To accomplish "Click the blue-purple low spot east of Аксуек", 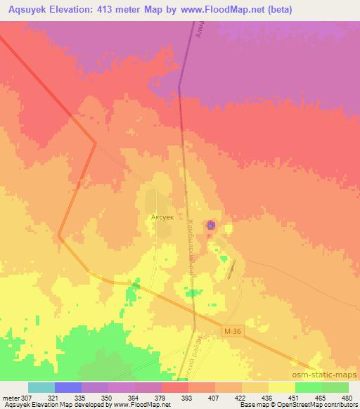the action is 212,226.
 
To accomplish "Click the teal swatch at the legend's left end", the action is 41,387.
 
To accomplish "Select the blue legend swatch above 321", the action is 68,387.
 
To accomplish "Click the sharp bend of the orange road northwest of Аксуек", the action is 95,145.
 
